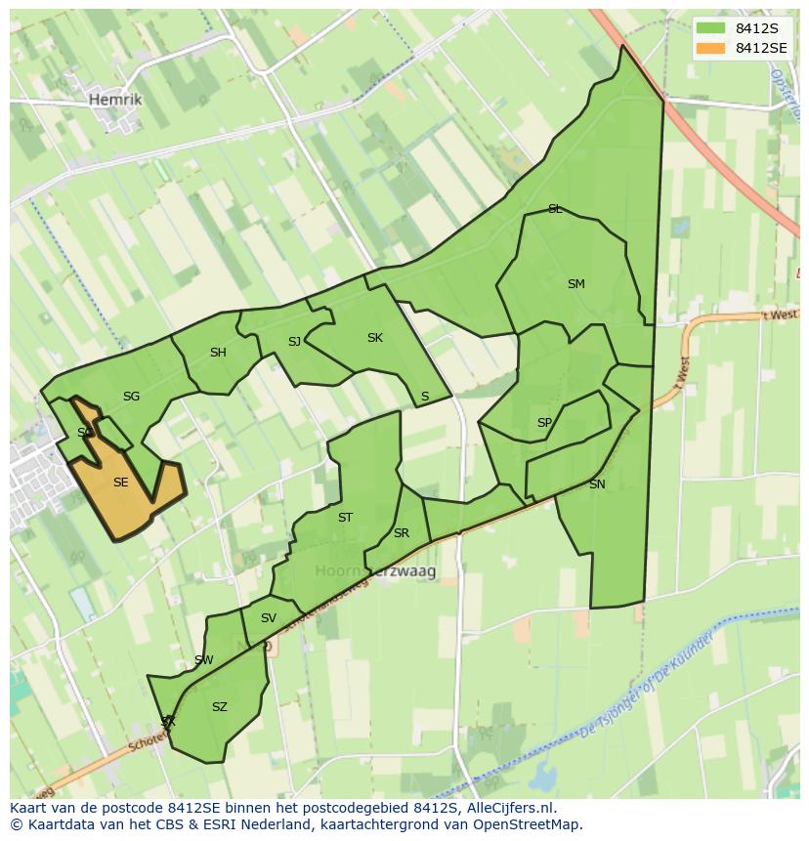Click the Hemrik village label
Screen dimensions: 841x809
tap(114, 100)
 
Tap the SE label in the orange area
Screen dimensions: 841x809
tap(120, 482)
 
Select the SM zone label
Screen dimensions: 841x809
tap(575, 284)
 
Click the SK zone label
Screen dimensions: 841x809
tap(374, 338)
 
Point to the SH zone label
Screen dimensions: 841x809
tap(218, 353)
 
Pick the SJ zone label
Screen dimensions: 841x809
tap(294, 341)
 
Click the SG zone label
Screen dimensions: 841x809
tap(131, 396)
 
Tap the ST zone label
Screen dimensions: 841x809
tap(345, 518)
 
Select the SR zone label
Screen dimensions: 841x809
tap(401, 533)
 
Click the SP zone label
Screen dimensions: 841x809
tap(544, 423)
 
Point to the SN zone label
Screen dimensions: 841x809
tap(597, 484)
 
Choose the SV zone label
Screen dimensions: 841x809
tap(268, 617)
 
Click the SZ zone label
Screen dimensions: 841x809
tap(219, 707)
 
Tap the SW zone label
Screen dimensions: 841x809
tap(203, 660)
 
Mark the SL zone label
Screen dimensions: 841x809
tap(555, 209)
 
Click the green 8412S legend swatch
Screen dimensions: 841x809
tap(710, 28)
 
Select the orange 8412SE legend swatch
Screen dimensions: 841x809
tap(710, 48)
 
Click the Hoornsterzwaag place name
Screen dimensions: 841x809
tap(375, 570)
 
